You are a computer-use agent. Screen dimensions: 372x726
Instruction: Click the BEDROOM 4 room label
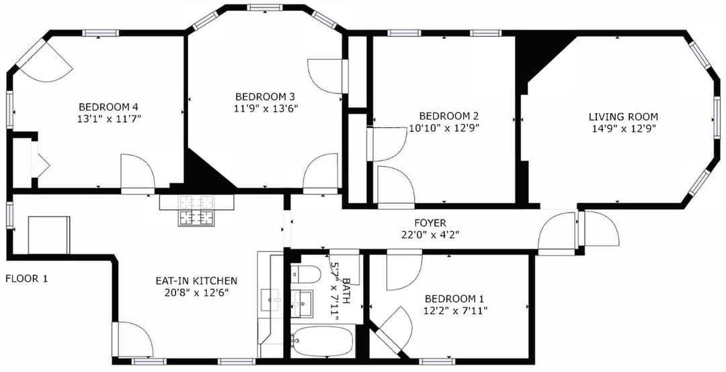[108, 106]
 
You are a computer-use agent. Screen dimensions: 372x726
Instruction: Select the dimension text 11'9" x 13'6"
[266, 108]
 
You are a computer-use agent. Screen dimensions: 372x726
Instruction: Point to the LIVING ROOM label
[623, 116]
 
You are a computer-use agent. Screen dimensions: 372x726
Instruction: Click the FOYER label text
[430, 223]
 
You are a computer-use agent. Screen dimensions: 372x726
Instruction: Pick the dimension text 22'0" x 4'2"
[430, 235]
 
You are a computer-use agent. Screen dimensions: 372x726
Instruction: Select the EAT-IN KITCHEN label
[196, 281]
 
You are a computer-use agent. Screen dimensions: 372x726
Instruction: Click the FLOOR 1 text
[27, 278]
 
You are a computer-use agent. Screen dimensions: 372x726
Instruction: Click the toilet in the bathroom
[307, 274]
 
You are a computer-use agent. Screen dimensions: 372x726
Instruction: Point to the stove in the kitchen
[196, 217]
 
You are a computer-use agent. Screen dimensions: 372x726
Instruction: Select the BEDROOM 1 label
[454, 299]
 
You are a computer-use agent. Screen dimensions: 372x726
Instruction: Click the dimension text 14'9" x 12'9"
[623, 128]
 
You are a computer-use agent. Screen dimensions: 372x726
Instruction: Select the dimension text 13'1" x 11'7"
[108, 118]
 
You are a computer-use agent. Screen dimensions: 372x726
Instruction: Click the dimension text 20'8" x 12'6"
[196, 293]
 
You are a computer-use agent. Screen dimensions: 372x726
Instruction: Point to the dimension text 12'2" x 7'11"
[454, 310]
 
